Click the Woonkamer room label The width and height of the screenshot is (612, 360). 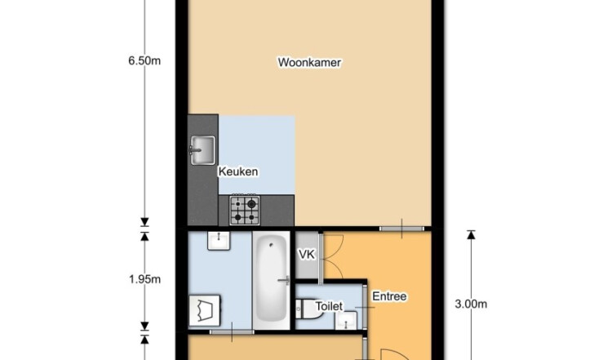click(x=309, y=63)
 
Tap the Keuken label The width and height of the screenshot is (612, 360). click(x=237, y=171)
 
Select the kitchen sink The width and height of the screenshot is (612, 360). click(x=202, y=150)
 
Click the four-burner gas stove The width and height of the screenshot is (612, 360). click(x=245, y=210)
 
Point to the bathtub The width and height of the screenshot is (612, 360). click(x=271, y=280)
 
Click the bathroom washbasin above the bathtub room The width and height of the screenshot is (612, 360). click(x=219, y=241)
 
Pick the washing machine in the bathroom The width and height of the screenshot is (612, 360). click(x=204, y=310)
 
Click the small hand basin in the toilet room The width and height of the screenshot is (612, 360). click(x=346, y=320)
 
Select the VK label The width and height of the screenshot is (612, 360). click(x=306, y=255)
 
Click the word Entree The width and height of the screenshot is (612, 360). click(x=389, y=296)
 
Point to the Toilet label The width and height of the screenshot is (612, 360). click(x=329, y=306)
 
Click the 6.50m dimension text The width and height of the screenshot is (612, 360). click(x=144, y=61)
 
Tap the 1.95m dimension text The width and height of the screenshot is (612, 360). click(x=144, y=279)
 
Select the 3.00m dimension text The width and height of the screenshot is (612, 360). click(x=471, y=304)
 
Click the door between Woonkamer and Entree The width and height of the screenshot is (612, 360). click(x=401, y=229)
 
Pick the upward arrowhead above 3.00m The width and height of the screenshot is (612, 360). click(x=471, y=234)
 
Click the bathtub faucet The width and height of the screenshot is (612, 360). click(x=284, y=280)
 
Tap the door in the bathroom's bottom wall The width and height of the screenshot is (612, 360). click(x=232, y=332)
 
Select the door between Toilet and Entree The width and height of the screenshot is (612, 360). click(x=365, y=307)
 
